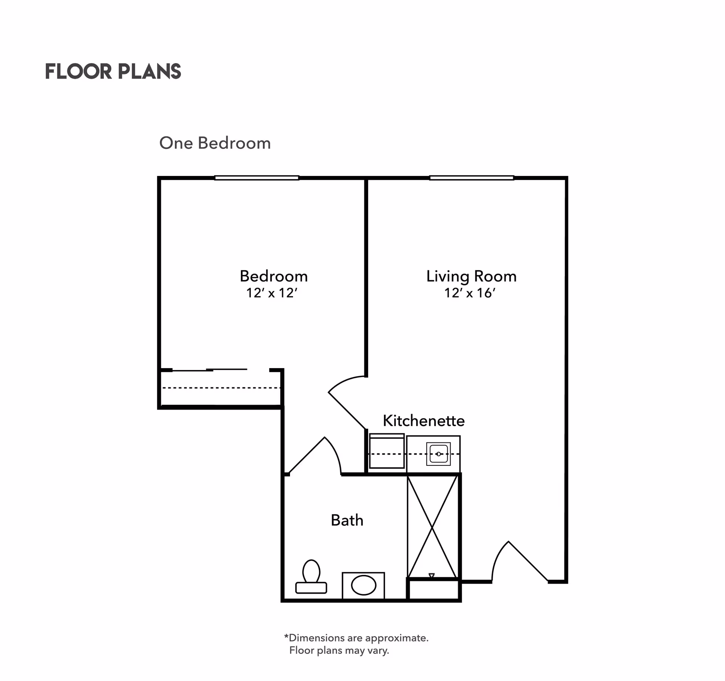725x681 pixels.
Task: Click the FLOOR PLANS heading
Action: click(x=113, y=71)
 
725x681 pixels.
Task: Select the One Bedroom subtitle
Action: click(x=215, y=143)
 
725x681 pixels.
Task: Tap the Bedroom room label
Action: click(x=274, y=276)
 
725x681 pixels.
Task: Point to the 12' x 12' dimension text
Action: click(x=272, y=293)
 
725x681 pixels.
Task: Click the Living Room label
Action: click(x=471, y=276)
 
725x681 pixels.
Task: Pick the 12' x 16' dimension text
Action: click(x=470, y=293)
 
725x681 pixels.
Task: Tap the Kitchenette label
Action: click(x=424, y=421)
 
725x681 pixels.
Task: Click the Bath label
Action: click(x=347, y=520)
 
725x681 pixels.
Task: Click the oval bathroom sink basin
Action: click(x=363, y=585)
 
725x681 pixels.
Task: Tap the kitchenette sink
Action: click(x=438, y=454)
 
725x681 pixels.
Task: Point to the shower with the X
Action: click(x=432, y=527)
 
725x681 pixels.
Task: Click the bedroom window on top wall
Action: click(x=257, y=178)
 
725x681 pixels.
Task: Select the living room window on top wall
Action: click(x=471, y=178)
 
